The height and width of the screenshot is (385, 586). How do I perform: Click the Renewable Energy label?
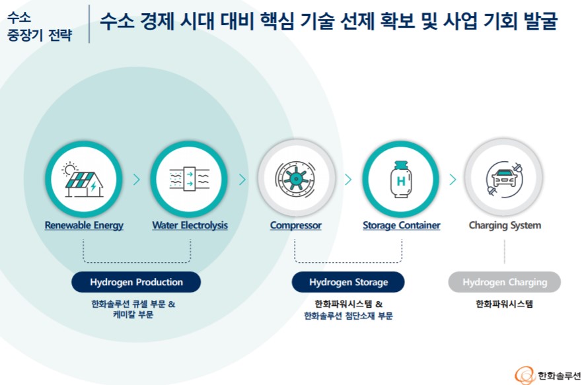(x=84, y=225)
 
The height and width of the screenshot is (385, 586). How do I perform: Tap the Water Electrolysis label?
(x=190, y=225)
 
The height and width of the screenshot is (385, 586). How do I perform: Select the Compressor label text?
(x=295, y=225)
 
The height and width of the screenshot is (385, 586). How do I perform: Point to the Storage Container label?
(x=401, y=225)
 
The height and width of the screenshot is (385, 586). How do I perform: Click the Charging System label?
(x=505, y=225)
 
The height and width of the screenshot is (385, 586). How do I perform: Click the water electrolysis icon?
(x=190, y=178)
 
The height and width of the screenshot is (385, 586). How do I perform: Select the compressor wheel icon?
(x=295, y=178)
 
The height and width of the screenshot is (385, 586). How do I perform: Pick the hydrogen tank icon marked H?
(x=401, y=178)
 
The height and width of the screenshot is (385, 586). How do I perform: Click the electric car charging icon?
(x=505, y=178)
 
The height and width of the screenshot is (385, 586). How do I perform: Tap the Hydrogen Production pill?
(x=136, y=282)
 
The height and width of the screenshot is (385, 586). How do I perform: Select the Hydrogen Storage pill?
(x=348, y=282)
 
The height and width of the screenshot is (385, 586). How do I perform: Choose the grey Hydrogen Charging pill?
(x=505, y=282)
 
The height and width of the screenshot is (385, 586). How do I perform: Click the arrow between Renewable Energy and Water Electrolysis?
(x=137, y=179)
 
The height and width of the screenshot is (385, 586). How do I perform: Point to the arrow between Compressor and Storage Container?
(x=348, y=179)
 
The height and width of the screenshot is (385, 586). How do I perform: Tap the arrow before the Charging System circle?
(x=453, y=179)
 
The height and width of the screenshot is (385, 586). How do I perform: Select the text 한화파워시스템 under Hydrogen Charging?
(x=504, y=304)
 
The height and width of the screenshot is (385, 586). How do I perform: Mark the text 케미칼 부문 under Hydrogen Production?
(x=133, y=316)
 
